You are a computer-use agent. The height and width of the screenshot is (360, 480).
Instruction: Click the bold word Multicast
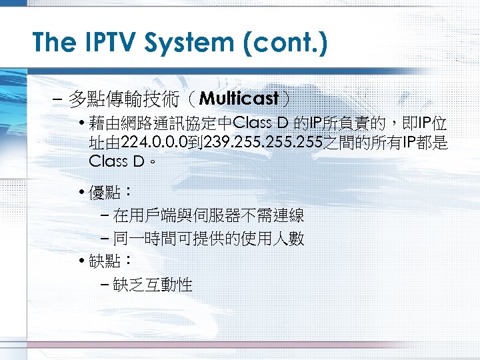click(x=239, y=99)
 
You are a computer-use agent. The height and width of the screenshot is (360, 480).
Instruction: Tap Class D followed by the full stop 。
click(x=117, y=161)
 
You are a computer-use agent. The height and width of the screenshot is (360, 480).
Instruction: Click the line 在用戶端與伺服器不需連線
click(x=209, y=215)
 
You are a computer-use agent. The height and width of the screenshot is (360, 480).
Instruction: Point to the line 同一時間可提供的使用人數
click(x=209, y=239)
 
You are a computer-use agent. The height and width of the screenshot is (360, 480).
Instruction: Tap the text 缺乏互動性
click(x=153, y=285)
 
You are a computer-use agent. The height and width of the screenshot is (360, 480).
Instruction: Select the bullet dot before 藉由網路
click(x=81, y=124)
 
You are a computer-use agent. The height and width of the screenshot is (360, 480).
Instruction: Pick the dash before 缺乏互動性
click(x=107, y=285)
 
